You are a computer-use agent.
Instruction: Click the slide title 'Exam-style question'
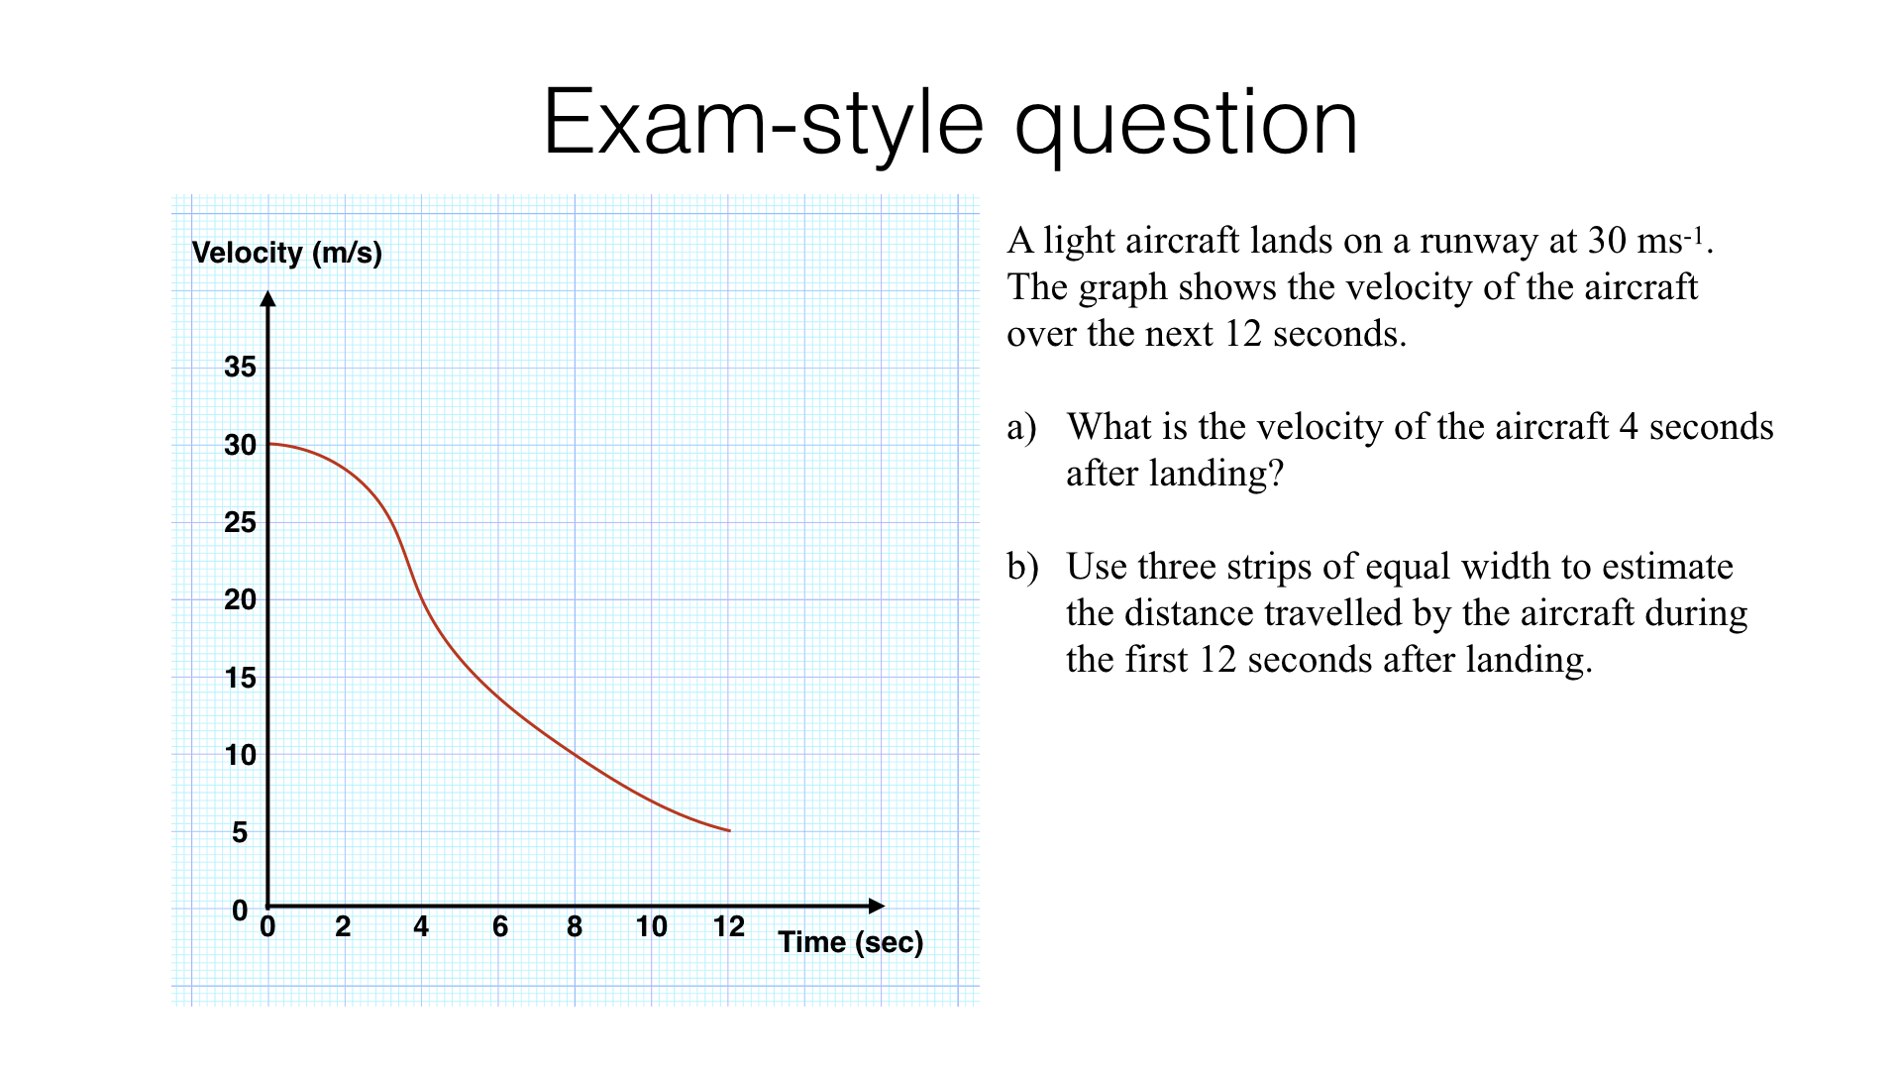pyautogui.click(x=950, y=123)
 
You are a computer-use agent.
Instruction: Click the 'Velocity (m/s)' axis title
pyautogui.click(x=286, y=253)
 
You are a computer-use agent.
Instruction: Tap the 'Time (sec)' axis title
pyautogui.click(x=850, y=942)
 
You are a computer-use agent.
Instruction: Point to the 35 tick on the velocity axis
pyautogui.click(x=240, y=368)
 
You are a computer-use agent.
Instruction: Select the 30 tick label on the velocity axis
pyautogui.click(x=240, y=445)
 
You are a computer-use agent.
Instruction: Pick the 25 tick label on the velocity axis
pyautogui.click(x=240, y=522)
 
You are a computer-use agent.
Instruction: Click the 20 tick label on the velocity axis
pyautogui.click(x=240, y=599)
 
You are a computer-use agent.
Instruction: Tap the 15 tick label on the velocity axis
pyautogui.click(x=240, y=678)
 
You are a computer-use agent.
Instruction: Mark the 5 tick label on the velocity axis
pyautogui.click(x=240, y=832)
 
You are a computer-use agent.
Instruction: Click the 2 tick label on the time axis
pyautogui.click(x=343, y=926)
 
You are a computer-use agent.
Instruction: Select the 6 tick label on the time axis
pyautogui.click(x=500, y=926)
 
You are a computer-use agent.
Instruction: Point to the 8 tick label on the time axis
pyautogui.click(x=575, y=926)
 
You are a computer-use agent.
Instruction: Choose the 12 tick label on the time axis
pyautogui.click(x=729, y=926)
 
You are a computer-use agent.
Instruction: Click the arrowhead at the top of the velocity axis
pyautogui.click(x=267, y=298)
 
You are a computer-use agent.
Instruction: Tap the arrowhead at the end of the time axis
pyautogui.click(x=876, y=906)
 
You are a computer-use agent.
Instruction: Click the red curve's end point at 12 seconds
pyautogui.click(x=729, y=830)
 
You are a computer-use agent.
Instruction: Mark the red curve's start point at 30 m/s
pyautogui.click(x=269, y=444)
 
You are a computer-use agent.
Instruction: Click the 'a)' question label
pyautogui.click(x=1021, y=427)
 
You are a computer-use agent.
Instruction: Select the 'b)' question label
pyautogui.click(x=1022, y=567)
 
